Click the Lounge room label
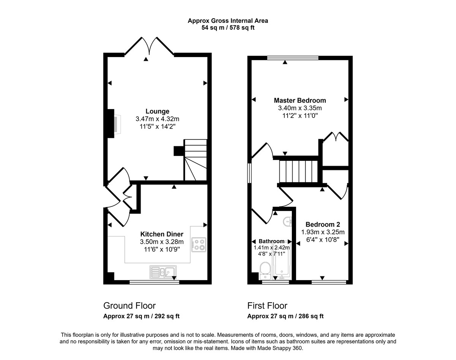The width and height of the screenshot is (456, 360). coord(157,111)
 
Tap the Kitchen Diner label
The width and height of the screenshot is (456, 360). coord(161,234)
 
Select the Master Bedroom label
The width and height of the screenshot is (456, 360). coord(300,100)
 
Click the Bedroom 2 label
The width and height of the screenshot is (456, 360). coord(323,224)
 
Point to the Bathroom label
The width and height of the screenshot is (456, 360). coord(271,241)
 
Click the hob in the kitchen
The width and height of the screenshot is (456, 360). coord(199,245)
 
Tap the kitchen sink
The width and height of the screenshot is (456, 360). coord(163,272)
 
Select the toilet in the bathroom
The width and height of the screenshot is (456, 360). coord(265,271)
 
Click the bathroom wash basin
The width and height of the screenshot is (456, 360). coord(287,222)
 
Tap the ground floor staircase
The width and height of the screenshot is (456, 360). coord(195,160)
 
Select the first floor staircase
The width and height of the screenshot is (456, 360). coord(298,171)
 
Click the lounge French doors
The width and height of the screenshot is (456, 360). coord(149,46)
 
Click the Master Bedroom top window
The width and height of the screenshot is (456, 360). coord(293,58)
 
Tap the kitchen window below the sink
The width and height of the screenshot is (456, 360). coord(154,282)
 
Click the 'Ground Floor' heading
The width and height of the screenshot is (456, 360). coord(130,306)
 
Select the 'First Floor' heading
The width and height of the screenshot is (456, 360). coord(267,306)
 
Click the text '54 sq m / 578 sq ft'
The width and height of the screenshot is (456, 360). coord(228,28)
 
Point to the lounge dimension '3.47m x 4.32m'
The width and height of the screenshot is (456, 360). coord(157,119)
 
